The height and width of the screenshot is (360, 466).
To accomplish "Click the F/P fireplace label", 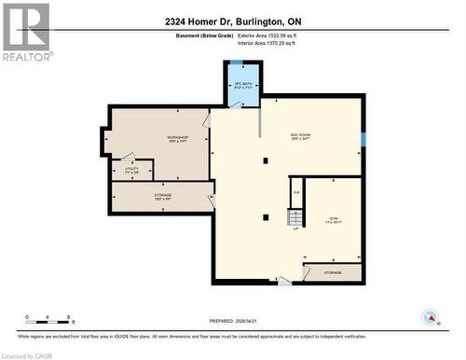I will pos(296,193).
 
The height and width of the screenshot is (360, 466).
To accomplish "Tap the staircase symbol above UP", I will pos(295,218).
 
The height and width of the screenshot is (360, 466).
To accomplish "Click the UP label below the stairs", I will pos(295,229).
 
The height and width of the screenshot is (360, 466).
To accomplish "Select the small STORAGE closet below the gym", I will pos(333,273).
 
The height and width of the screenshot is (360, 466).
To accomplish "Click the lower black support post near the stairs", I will pos(266,217).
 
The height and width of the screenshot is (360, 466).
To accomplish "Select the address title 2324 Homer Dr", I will pos(234,21).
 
